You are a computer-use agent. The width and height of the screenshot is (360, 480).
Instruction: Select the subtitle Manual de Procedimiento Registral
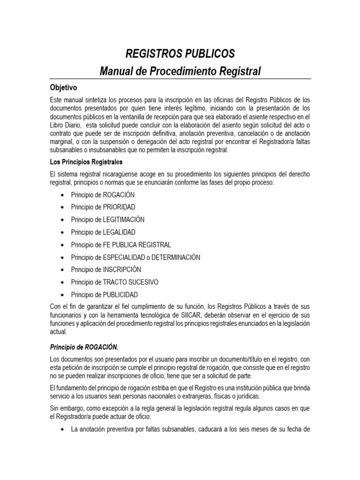(180, 71)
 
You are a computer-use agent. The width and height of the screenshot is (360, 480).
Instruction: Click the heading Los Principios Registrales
(86, 162)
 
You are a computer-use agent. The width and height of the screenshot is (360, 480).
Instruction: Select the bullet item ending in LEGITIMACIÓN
(107, 219)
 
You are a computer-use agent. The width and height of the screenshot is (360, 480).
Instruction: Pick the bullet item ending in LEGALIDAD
(103, 232)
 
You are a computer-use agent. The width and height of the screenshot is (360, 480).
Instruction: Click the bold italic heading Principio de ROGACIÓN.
(84, 347)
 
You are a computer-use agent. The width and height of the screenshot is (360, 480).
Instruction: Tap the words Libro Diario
(66, 125)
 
